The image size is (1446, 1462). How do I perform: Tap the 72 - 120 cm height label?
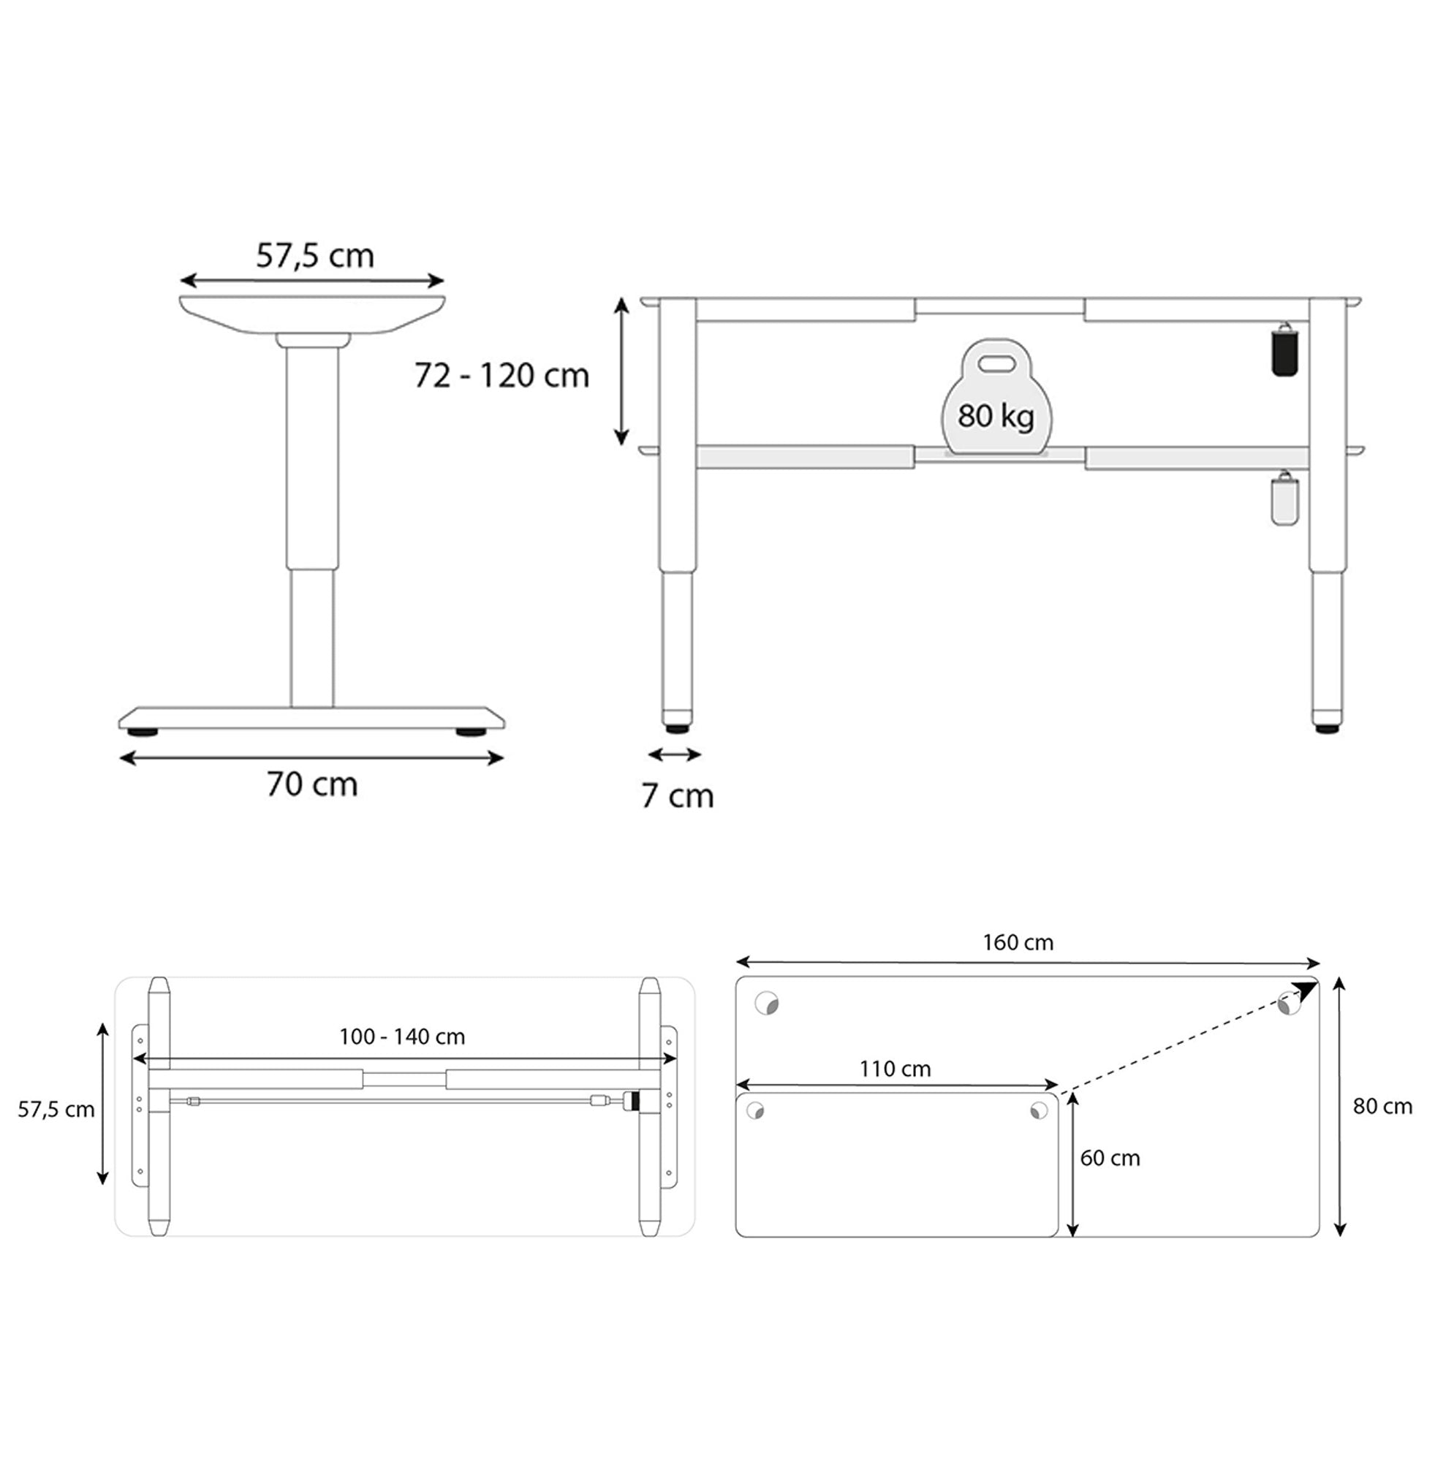tap(501, 375)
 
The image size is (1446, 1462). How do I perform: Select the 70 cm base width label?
tap(311, 784)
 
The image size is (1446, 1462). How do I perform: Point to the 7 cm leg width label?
tap(677, 795)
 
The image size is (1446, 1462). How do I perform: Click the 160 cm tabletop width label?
tap(1017, 942)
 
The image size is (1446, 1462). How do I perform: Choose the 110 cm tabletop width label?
tap(894, 1069)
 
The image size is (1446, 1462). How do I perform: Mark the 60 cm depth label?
tap(1109, 1158)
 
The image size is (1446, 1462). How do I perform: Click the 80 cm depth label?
tap(1382, 1106)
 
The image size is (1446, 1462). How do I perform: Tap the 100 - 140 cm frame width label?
tap(402, 1036)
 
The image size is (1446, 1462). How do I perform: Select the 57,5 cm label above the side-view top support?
tap(315, 256)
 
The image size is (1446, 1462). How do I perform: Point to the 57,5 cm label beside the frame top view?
tap(56, 1110)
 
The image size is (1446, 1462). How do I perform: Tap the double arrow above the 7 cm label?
tap(675, 754)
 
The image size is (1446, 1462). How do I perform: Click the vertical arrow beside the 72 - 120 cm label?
tap(621, 371)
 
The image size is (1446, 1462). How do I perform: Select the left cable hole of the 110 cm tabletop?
tap(754, 1111)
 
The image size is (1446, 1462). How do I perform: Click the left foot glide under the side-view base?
tap(143, 732)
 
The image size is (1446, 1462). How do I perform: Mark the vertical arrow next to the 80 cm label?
tap(1339, 1106)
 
